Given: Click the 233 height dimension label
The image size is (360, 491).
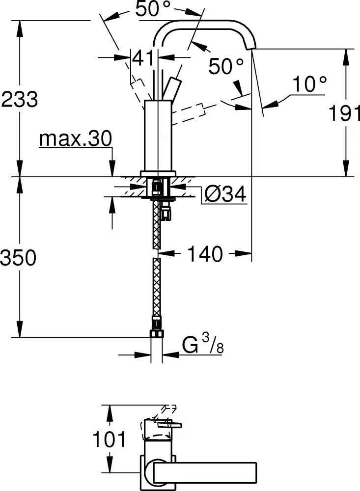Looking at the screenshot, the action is coord(20,99).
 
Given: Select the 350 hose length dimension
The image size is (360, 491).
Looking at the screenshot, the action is coord(18,258).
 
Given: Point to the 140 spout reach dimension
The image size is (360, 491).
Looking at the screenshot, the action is coord(205,254).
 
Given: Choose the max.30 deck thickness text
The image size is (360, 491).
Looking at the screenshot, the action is coord(76,138).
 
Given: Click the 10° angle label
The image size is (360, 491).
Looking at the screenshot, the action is coord(309,84).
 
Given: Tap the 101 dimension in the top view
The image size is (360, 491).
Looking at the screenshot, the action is coord(109,439).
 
